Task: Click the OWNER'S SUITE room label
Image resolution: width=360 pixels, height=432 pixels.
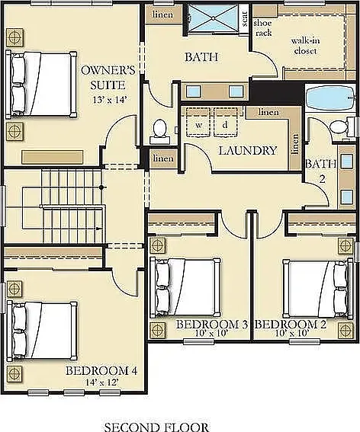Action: [108, 78]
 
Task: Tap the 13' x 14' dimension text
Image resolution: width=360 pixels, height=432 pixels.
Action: [110, 100]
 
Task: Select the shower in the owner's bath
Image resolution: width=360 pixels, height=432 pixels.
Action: [213, 18]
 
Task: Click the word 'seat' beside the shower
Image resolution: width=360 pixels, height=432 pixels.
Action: [244, 18]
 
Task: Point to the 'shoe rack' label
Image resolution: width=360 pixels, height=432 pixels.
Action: [262, 27]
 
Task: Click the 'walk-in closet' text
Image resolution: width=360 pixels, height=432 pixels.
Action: [305, 46]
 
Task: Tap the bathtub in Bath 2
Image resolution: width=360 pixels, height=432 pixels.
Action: [330, 98]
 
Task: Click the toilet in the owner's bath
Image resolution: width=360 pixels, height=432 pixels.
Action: [159, 131]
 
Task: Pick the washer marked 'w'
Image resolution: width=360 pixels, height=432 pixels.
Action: [198, 122]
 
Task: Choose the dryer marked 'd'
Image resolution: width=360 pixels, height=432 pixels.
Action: [225, 122]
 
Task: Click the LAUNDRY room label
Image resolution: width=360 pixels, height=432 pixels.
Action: [247, 150]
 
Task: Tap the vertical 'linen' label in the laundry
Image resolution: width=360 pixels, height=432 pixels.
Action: [295, 144]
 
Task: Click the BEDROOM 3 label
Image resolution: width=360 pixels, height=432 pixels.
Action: [211, 325]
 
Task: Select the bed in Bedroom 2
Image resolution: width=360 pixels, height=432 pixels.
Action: [318, 289]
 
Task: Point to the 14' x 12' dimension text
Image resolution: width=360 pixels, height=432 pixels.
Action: [102, 382]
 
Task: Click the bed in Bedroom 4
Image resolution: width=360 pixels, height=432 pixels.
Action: [42, 331]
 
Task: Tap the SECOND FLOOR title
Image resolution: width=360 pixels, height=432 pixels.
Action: [156, 427]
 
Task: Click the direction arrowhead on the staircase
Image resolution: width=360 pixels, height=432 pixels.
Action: [98, 229]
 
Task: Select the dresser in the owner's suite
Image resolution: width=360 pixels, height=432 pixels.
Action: [53, 157]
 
